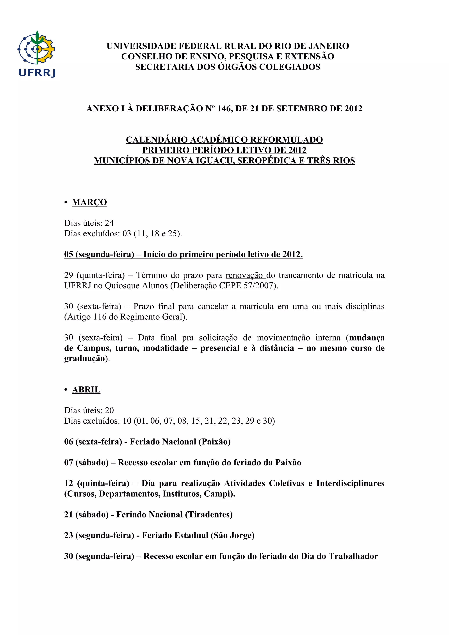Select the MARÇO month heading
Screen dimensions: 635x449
pos(89,202)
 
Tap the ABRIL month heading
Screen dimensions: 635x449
pos(86,390)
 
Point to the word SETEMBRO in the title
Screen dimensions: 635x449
pos(304,109)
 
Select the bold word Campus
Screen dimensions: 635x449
pos(94,348)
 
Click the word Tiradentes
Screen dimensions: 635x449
pos(209,515)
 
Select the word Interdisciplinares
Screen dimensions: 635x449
pos(350,483)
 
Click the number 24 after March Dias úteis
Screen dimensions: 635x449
pos(109,223)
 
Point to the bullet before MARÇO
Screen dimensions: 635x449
pos(66,202)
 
